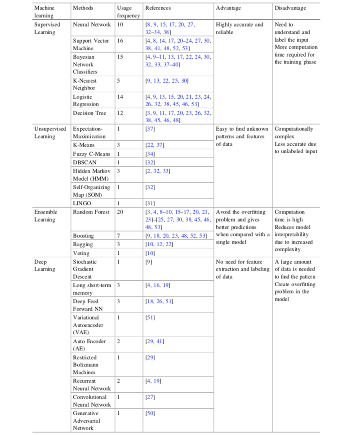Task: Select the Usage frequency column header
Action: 128,12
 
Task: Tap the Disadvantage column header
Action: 290,8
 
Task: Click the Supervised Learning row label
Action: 47,28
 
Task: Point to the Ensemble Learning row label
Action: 45,216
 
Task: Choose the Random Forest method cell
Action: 91,212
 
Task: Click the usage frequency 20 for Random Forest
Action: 120,212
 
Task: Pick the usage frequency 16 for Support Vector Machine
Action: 120,41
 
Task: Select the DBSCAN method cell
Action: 84,162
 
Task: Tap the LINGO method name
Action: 82,203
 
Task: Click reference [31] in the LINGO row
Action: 150,203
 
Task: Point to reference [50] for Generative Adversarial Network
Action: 150,413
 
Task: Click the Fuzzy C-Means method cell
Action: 91,153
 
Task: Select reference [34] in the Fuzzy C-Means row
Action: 150,153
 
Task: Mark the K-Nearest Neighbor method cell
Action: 85,84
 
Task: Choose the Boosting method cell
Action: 83,235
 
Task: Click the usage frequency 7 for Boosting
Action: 118,235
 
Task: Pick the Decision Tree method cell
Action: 89,113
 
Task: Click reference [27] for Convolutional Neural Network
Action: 150,397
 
